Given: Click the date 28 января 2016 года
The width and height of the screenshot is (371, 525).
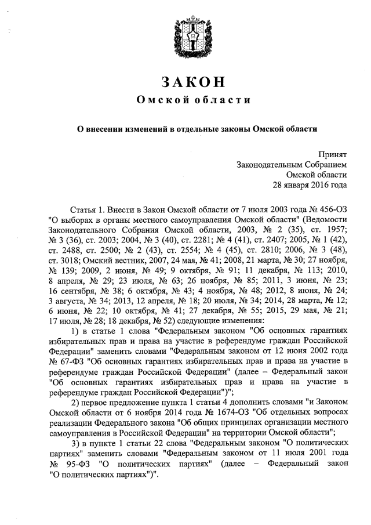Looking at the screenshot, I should pos(310,186).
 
